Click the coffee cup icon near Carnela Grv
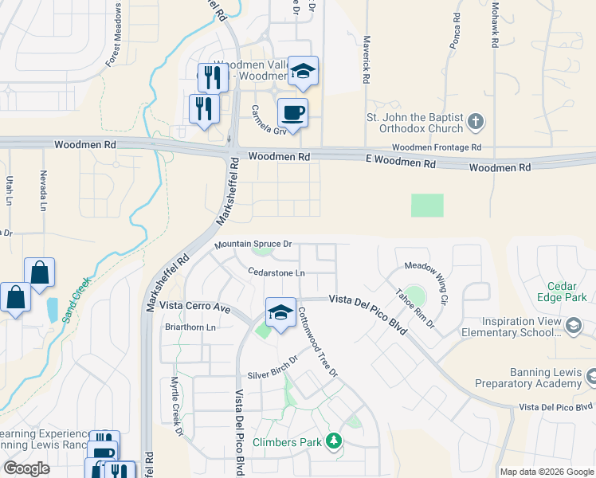click(292, 112)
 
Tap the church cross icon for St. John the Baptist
click(476, 122)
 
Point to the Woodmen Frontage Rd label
click(437, 148)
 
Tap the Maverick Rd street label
click(367, 60)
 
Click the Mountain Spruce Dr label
click(253, 245)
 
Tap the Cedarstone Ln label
click(276, 272)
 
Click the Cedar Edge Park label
click(567, 292)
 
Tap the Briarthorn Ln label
click(189, 327)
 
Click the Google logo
click(26, 468)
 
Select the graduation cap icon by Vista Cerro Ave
click(280, 311)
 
